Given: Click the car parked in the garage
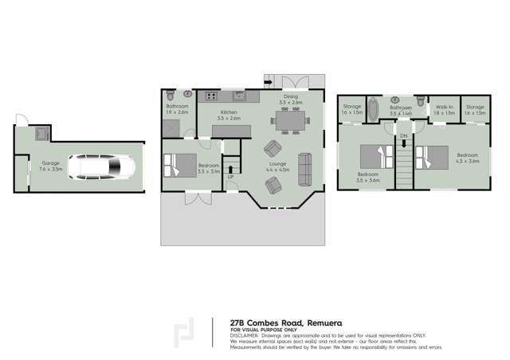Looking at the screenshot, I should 101,167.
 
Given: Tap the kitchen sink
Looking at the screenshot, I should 243,97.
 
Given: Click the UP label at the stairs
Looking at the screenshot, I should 230,176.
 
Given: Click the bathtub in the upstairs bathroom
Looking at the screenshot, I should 375,107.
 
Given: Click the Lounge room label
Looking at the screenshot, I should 278,165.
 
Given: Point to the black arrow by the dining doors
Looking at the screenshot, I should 268,81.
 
